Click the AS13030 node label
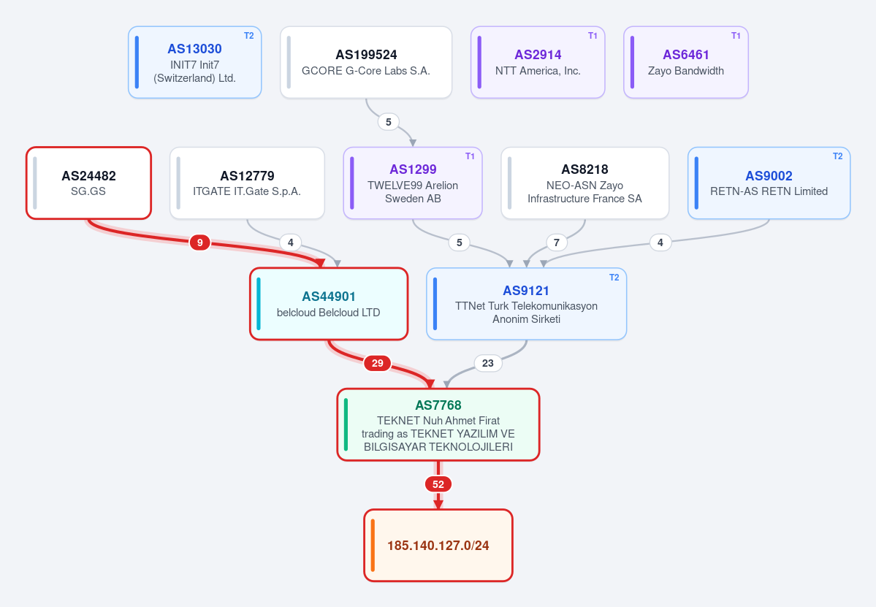(194, 49)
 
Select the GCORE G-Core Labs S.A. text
(366, 71)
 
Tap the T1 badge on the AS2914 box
(593, 36)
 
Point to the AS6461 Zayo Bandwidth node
(685, 62)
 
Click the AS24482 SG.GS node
(88, 183)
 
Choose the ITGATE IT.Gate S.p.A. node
(247, 183)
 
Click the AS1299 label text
(413, 169)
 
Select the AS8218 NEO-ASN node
(585, 183)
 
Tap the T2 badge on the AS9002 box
(837, 156)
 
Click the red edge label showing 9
(199, 243)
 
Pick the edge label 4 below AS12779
(290, 243)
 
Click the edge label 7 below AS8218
(556, 243)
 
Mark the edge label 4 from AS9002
(660, 243)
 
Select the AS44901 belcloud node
(329, 304)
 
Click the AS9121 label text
(526, 291)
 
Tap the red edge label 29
(377, 363)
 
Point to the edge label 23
(488, 363)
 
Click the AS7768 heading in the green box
(438, 405)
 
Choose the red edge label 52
(438, 484)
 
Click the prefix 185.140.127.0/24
(438, 546)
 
